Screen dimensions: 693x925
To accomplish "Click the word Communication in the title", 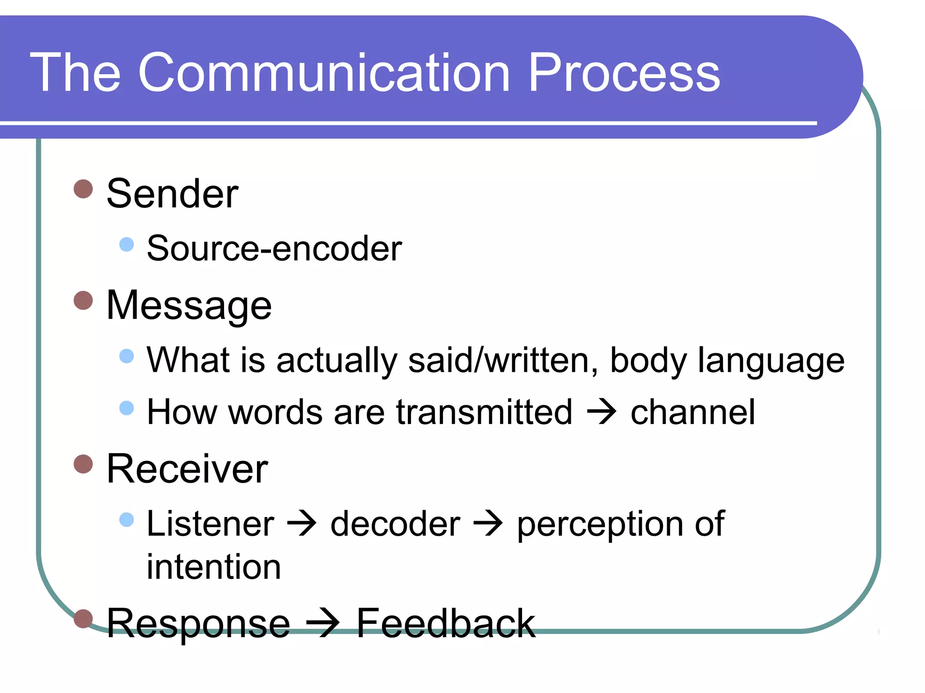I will click(x=324, y=73).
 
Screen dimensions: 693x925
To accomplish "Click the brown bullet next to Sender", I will click(x=83, y=189).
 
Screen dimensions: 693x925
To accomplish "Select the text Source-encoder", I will click(x=274, y=248).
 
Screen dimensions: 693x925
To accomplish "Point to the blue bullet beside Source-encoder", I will click(x=126, y=244).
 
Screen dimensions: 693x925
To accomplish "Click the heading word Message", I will click(x=189, y=306).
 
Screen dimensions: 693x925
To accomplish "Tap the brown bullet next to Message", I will click(x=83, y=300).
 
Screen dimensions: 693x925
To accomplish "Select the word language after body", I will click(x=771, y=360).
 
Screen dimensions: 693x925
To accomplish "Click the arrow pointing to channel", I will click(x=601, y=412).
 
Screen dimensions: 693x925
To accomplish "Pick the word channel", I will click(x=692, y=412).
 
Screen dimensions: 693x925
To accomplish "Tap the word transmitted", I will click(x=484, y=412).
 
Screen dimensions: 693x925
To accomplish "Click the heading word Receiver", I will click(x=187, y=469).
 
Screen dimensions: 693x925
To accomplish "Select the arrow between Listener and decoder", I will click(x=302, y=524).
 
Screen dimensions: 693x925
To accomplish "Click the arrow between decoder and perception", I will click(x=488, y=524).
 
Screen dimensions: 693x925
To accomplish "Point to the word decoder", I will click(x=395, y=524).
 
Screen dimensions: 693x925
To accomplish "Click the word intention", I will click(x=214, y=567).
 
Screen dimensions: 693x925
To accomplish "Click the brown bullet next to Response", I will click(x=83, y=618).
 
